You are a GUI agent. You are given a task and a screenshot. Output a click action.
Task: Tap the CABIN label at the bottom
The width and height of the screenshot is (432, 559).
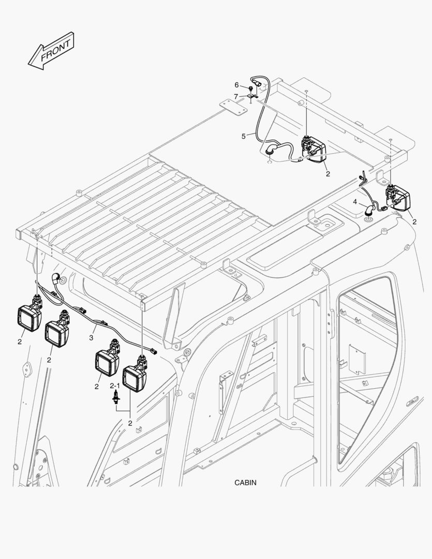coord(245,483)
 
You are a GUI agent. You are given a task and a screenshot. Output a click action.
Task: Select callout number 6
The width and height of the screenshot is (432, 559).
coord(236,85)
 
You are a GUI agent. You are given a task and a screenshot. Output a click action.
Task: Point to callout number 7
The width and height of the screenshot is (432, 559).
coord(235,96)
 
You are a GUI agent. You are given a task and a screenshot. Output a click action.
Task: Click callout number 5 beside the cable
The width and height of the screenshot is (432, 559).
coord(243,137)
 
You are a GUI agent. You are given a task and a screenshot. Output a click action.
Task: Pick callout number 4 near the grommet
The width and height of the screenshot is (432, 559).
coord(355,201)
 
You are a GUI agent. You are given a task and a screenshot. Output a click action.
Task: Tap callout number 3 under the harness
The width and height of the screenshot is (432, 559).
coord(91,338)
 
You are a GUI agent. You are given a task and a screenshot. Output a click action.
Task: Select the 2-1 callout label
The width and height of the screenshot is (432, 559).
coord(114,386)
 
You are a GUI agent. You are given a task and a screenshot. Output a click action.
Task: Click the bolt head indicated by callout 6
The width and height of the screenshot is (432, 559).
coord(250,89)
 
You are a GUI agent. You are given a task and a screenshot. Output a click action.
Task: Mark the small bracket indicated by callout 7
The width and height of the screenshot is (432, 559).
coord(252,96)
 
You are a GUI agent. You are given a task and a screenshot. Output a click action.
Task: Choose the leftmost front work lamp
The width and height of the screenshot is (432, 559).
coord(30,316)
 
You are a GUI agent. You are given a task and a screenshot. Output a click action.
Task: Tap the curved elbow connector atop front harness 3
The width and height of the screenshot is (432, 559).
coord(56,278)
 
